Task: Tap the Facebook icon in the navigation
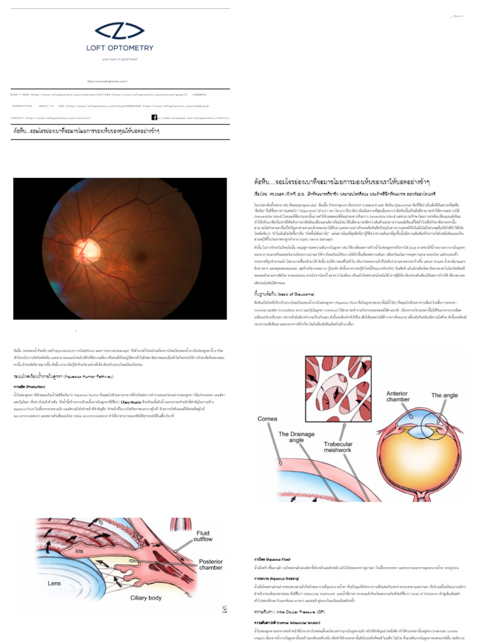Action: pos(154,118)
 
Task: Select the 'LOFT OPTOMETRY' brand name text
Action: pos(120,48)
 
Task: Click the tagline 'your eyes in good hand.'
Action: pos(120,59)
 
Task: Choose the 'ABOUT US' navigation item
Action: pos(47,106)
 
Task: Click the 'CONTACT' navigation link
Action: pos(17,118)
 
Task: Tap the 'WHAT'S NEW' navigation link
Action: pos(20,95)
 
